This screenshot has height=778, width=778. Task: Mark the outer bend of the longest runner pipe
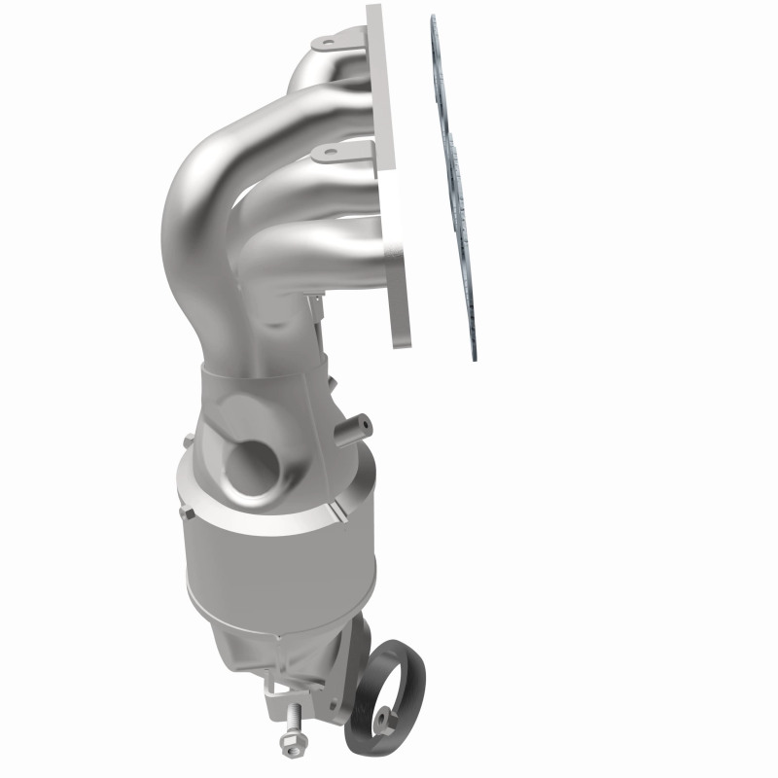pyautogui.click(x=190, y=194)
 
